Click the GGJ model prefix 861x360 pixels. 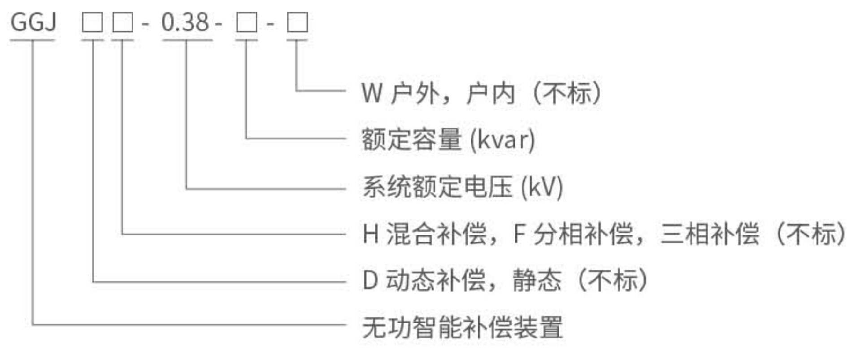pyautogui.click(x=33, y=22)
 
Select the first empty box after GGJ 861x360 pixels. pyautogui.click(x=92, y=22)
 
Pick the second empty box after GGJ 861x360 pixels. pyautogui.click(x=122, y=22)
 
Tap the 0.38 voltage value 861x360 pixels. pyautogui.click(x=185, y=22)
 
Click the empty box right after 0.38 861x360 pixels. pyautogui.click(x=247, y=22)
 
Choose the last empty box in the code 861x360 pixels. pyautogui.click(x=297, y=22)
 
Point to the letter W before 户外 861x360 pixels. pyautogui.click(x=372, y=93)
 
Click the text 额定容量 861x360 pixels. pyautogui.click(x=412, y=139)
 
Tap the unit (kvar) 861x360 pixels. pyautogui.click(x=503, y=140)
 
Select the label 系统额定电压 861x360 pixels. pyautogui.click(x=437, y=187)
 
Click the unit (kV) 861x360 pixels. pyautogui.click(x=542, y=187)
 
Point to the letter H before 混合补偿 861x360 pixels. pyautogui.click(x=371, y=234)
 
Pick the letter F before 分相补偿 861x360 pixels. pyautogui.click(x=519, y=234)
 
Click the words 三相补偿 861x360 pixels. pyautogui.click(x=710, y=234)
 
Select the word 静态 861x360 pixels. pyautogui.click(x=537, y=280)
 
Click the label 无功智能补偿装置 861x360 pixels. pyautogui.click(x=462, y=327)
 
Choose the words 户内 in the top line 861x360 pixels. pyautogui.click(x=491, y=93)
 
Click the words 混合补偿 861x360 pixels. pyautogui.click(x=436, y=234)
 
